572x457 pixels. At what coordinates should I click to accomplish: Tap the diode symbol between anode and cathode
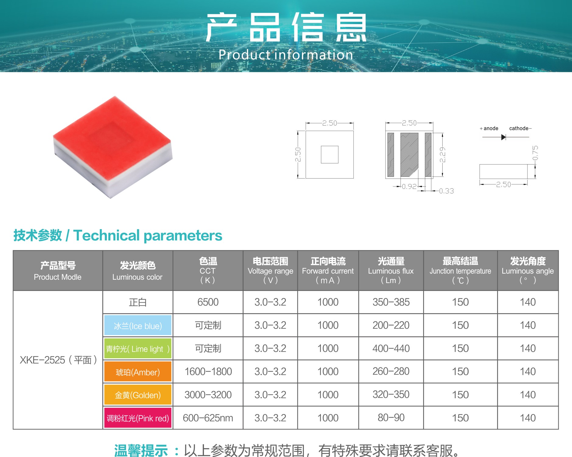503,137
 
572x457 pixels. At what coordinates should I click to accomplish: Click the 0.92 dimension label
409,186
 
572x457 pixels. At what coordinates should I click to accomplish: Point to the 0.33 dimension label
446,191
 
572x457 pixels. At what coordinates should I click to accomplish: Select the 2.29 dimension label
442,154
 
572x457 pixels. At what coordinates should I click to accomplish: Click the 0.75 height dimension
535,153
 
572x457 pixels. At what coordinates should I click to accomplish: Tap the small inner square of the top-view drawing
330,154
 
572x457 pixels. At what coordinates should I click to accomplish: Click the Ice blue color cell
138,325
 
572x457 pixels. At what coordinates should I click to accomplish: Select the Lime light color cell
138,349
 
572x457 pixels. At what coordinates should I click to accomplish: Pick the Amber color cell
138,372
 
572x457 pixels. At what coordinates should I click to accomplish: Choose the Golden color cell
138,395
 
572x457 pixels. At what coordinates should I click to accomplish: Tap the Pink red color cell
138,418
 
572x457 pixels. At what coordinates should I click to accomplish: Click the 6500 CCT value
208,302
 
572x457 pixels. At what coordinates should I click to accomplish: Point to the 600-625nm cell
208,418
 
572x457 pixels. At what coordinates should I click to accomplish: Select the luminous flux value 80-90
391,418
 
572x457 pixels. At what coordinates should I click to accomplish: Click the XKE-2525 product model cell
58,360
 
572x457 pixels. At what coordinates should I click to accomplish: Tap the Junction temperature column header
460,271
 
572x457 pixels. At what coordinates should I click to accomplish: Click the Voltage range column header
270,271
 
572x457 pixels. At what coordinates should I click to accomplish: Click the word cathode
519,128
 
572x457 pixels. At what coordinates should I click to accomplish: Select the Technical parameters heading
118,236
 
